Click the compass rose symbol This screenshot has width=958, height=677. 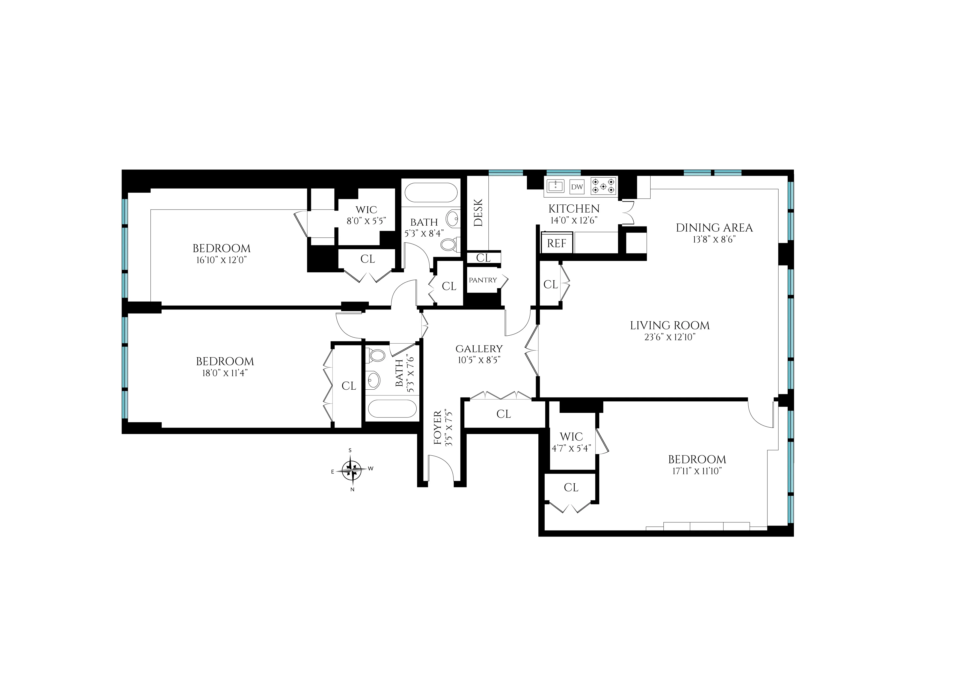coord(352,470)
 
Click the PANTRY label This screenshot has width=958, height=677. coord(483,280)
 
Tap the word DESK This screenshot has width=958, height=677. coord(478,213)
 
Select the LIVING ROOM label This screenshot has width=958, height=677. coord(669,325)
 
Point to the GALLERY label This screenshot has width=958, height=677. coord(479,349)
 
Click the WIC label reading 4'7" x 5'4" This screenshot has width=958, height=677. coord(571,448)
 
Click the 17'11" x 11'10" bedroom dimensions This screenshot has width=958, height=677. coord(697,471)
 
